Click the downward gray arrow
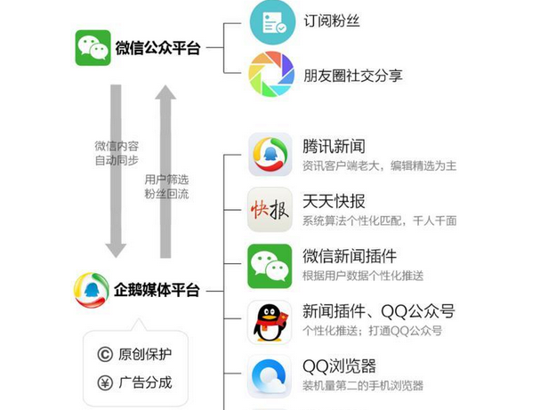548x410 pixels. tap(117, 169)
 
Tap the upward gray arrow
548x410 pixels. tap(166, 169)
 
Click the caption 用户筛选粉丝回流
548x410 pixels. tap(166, 187)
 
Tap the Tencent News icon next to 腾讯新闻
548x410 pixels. tap(270, 155)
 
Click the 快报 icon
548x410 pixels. tap(270, 210)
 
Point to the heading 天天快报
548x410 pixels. tap(334, 201)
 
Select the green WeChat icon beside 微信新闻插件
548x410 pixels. tap(270, 265)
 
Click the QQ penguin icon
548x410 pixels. tap(270, 321)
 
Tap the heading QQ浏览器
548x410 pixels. tap(339, 366)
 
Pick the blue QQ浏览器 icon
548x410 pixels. tap(270, 376)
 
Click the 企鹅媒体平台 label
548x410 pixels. tap(157, 290)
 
